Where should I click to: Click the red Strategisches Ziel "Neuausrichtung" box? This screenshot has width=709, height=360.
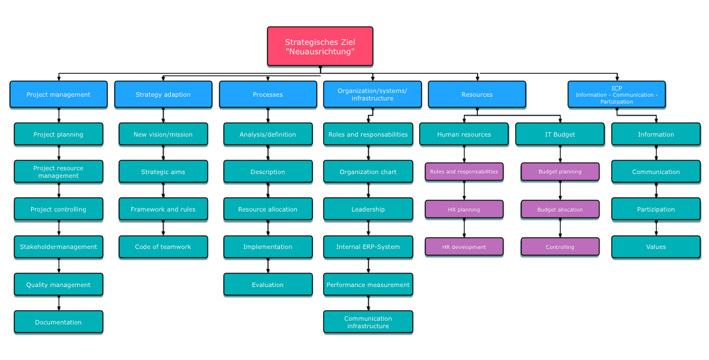(320, 47)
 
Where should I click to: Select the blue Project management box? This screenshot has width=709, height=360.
(59, 94)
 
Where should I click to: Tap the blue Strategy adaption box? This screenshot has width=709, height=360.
(163, 94)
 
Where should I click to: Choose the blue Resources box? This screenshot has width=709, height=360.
(477, 94)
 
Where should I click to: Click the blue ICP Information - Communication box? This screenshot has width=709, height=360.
(617, 94)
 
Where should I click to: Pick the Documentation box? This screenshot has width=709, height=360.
(59, 322)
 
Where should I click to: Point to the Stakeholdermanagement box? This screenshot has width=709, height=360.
(59, 247)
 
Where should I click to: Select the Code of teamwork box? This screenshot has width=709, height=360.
(163, 247)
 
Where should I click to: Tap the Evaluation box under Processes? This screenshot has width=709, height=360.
(268, 285)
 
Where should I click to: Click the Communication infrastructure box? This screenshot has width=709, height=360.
(368, 322)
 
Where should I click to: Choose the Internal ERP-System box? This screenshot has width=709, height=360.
(368, 247)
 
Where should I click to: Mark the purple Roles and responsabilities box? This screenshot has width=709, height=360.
(464, 172)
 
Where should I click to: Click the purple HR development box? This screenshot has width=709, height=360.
(464, 247)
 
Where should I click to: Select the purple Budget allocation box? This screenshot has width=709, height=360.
(560, 210)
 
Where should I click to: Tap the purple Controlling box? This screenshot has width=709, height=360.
(560, 247)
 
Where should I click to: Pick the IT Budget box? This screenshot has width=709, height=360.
(560, 134)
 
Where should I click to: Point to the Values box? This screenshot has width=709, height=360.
(656, 247)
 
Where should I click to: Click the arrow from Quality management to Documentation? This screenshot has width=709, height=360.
(59, 303)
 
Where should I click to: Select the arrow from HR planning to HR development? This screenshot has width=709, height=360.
(465, 228)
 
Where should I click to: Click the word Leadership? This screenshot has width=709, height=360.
(368, 210)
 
